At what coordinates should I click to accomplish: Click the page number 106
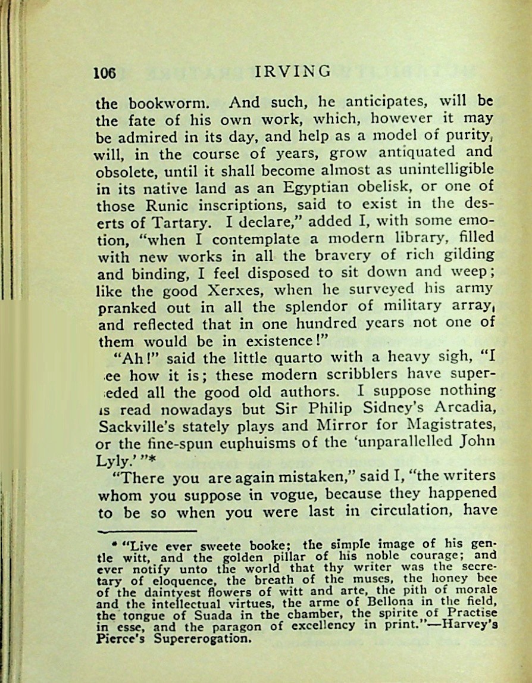tap(105, 73)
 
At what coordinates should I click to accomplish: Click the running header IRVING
tap(293, 71)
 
